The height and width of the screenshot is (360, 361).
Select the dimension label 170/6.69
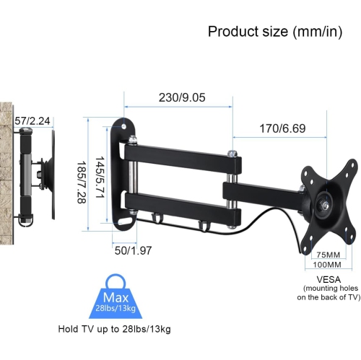point(282,128)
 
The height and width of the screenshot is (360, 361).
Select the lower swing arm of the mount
point(180,201)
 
